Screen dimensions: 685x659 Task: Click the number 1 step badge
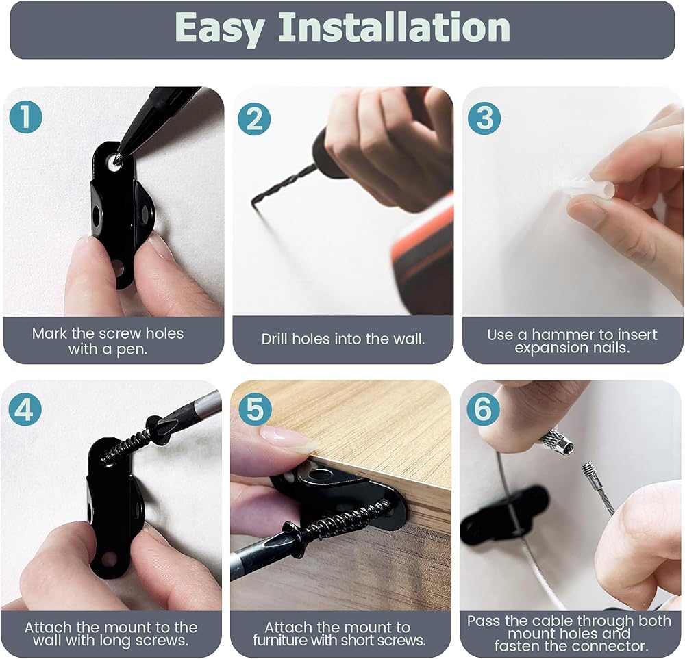pos(26,117)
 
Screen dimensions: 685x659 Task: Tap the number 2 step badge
pos(254,118)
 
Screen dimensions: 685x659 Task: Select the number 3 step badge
pos(484,118)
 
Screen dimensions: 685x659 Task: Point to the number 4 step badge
pos(25,410)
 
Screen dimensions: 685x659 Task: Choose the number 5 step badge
pos(255,409)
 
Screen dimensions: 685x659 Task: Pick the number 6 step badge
pos(483,409)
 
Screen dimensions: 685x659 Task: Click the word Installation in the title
pos(394,27)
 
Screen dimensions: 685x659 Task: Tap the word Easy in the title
pos(220,29)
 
